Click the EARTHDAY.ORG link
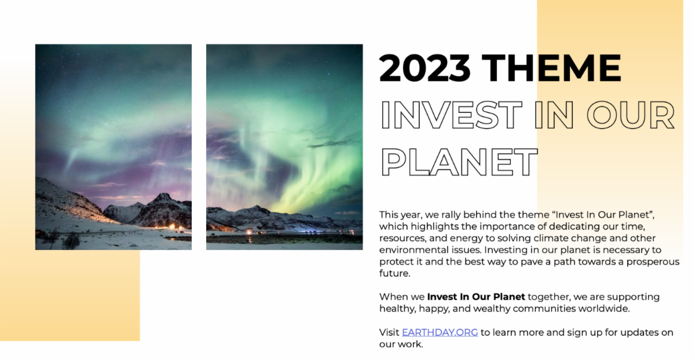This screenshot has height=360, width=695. tap(440, 332)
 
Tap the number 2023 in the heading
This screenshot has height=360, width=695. tap(425, 68)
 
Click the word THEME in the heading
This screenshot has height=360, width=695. tap(551, 68)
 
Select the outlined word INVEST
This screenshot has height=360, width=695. tap(451, 115)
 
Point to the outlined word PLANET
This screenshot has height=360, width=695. tap(459, 162)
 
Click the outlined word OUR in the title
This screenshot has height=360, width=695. tap(631, 115)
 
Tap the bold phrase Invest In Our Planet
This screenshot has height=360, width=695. tap(476, 297)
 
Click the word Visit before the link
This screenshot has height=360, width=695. tap(389, 332)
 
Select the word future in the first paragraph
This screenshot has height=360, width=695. tap(393, 274)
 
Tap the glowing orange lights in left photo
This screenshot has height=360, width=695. tap(175, 227)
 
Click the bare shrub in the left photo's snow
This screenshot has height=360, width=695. tap(71, 241)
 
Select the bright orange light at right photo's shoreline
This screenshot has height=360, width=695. tap(249, 232)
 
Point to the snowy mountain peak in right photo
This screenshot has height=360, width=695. tap(256, 208)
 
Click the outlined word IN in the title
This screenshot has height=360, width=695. tap(554, 115)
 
